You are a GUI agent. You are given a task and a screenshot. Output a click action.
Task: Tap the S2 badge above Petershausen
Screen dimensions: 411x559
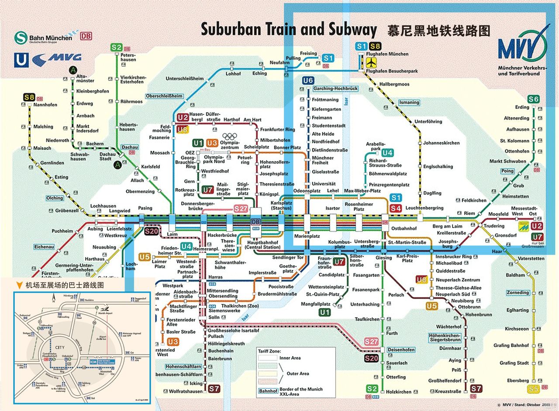(x=117, y=48)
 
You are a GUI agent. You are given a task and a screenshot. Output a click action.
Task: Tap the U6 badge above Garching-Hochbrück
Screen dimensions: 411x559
(x=308, y=80)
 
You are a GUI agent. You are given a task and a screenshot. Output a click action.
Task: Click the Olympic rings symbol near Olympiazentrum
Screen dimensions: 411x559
(x=231, y=137)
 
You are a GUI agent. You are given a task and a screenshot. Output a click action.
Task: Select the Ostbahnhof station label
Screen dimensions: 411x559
(x=404, y=228)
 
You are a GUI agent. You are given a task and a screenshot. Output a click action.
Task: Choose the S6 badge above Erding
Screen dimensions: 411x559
(x=534, y=99)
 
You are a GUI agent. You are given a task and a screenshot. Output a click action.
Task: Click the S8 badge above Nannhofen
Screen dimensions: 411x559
(x=29, y=97)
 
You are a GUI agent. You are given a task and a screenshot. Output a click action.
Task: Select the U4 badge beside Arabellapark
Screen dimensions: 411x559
(x=387, y=152)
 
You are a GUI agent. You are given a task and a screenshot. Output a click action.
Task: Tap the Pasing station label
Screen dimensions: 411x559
(x=145, y=208)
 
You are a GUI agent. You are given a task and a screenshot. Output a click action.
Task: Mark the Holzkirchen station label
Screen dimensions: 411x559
(x=399, y=392)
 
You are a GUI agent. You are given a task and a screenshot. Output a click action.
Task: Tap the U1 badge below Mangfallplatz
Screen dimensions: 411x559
(x=324, y=312)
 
